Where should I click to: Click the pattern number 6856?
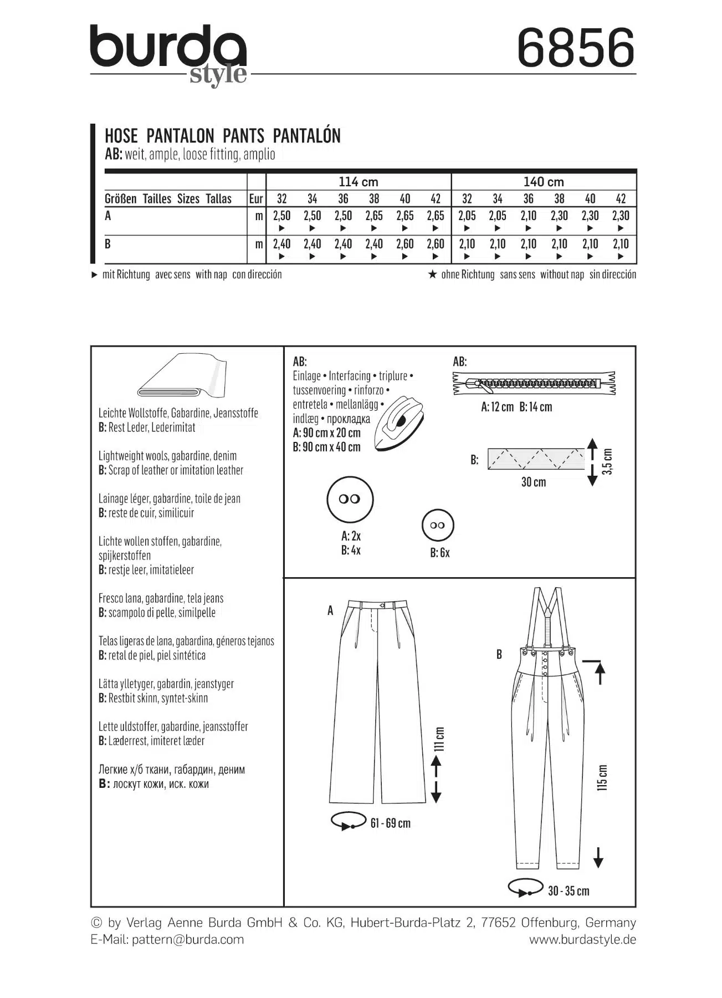pyautogui.click(x=576, y=48)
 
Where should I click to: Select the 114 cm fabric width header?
pyautogui.click(x=358, y=182)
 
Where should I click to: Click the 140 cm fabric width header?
pyautogui.click(x=544, y=182)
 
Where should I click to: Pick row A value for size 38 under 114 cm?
pyautogui.click(x=374, y=216)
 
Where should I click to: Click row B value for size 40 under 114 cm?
pyautogui.click(x=405, y=244)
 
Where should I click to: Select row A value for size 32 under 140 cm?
pyautogui.click(x=467, y=216)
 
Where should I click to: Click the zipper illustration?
pyautogui.click(x=534, y=383)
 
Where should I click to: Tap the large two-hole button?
pyautogui.click(x=350, y=499)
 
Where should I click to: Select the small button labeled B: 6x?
pyautogui.click(x=438, y=526)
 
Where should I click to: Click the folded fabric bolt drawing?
pyautogui.click(x=183, y=377)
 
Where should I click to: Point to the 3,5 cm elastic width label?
pyautogui.click(x=608, y=461)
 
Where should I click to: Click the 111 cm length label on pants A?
pyautogui.click(x=439, y=739)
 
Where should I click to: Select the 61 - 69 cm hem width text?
pyautogui.click(x=391, y=823)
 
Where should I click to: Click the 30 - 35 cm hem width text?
pyautogui.click(x=569, y=891)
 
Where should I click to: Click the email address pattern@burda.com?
pyautogui.click(x=188, y=939)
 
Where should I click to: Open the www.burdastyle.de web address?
pyautogui.click(x=582, y=939)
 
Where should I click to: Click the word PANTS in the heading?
pyautogui.click(x=243, y=136)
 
